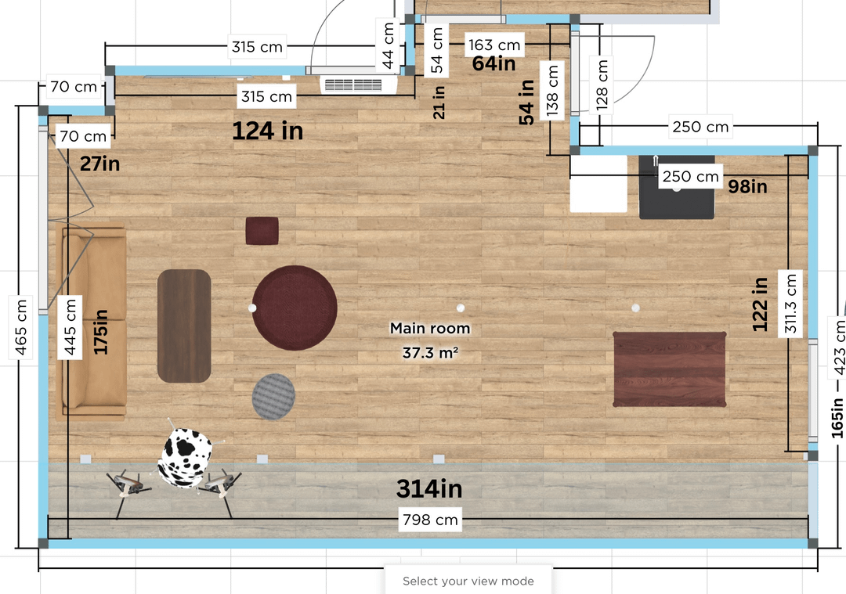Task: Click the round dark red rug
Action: click(x=295, y=308)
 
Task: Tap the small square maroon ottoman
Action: click(x=262, y=231)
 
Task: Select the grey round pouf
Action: click(x=273, y=397)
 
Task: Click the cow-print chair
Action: click(x=184, y=458)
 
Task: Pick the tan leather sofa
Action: click(x=91, y=322)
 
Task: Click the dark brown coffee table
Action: click(x=184, y=326)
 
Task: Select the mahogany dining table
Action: click(x=670, y=369)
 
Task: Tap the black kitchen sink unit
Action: click(x=677, y=187)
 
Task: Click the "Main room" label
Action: click(x=430, y=328)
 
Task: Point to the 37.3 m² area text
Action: click(x=430, y=353)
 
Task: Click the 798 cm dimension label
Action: click(x=430, y=520)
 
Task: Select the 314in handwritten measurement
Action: click(x=429, y=489)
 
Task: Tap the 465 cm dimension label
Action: click(x=21, y=327)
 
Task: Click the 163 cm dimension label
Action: click(x=494, y=45)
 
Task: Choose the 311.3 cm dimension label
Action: click(x=790, y=304)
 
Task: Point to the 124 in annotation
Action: click(x=268, y=131)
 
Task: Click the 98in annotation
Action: click(x=747, y=186)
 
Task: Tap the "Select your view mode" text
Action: click(x=468, y=581)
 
